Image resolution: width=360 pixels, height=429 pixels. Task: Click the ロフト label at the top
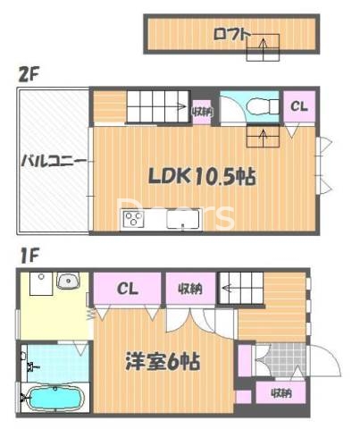coord(231,35)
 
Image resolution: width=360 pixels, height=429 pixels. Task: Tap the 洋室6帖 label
coord(162,362)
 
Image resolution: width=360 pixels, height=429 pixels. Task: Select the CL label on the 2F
coord(297,107)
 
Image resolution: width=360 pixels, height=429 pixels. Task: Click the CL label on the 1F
coord(128,288)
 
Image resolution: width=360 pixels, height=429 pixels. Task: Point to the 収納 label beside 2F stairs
coord(202,111)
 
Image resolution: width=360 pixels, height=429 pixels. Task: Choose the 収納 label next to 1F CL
coord(188,288)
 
